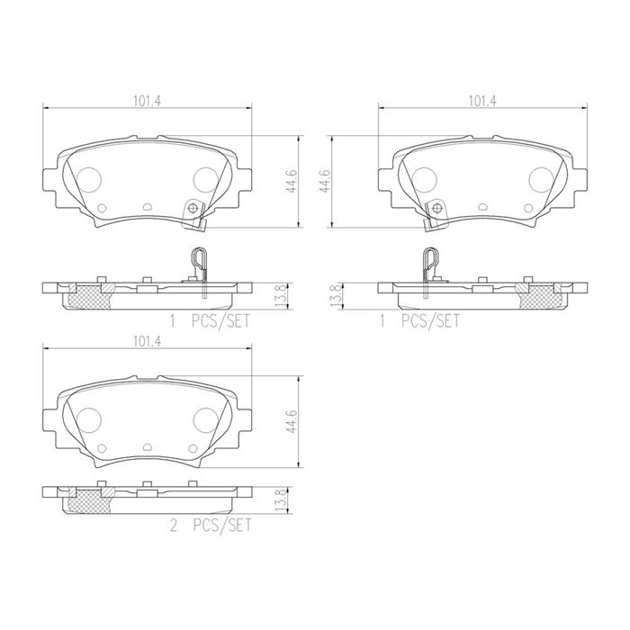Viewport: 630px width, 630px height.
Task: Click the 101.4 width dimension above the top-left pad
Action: (x=147, y=101)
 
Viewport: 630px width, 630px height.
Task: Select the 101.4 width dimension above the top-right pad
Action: (x=482, y=101)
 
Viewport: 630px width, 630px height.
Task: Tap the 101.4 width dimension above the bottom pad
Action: (x=147, y=341)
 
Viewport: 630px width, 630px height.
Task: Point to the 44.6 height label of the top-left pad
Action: (x=292, y=181)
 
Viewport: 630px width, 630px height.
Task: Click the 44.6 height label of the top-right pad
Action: (x=325, y=181)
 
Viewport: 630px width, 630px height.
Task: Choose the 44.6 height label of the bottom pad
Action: (x=292, y=421)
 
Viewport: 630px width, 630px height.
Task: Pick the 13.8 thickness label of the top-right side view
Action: (x=337, y=296)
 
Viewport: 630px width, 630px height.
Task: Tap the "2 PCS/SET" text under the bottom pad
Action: (x=211, y=526)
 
